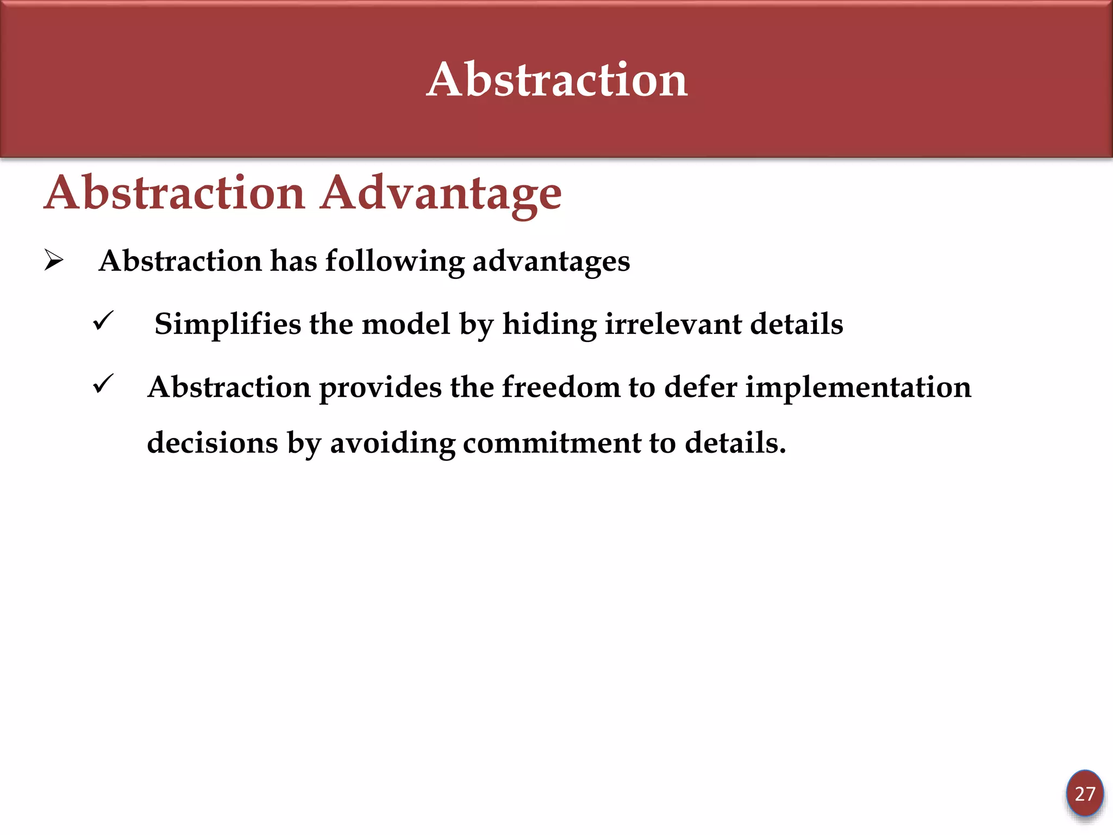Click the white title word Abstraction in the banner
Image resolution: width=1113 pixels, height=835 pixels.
coord(557,80)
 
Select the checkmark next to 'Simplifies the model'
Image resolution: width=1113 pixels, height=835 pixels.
coord(103,321)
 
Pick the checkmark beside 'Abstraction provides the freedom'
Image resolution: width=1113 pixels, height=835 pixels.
coord(103,384)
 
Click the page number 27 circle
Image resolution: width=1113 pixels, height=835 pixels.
coord(1084,794)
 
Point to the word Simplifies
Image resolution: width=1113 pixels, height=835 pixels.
coord(227,325)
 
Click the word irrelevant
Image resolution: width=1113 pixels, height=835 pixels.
coord(673,325)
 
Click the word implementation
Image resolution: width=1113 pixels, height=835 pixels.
coord(858,388)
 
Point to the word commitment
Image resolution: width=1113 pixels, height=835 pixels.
coord(552,443)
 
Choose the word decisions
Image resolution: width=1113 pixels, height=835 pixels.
coord(212,443)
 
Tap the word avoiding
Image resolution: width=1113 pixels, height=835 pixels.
coord(392,443)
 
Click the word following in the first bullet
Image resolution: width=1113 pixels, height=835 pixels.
coord(395,262)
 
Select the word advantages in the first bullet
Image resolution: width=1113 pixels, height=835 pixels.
coord(551,262)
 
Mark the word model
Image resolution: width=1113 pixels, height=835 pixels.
coord(406,325)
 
